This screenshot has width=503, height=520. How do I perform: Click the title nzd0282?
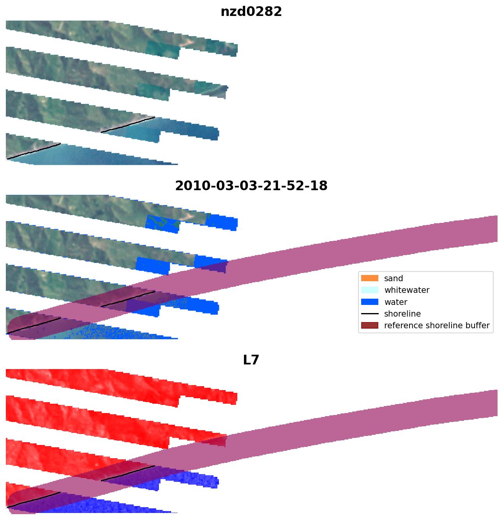[x=251, y=12]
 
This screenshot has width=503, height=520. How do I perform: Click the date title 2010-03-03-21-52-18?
[x=251, y=186]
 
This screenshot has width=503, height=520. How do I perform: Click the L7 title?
[x=251, y=360]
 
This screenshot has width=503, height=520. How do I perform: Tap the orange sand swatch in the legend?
[x=369, y=278]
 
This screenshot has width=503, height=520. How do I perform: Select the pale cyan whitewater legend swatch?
[x=369, y=290]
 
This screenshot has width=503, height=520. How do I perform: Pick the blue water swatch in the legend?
[x=369, y=302]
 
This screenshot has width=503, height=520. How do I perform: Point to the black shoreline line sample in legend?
[x=369, y=313]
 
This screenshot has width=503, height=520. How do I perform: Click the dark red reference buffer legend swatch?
[x=369, y=326]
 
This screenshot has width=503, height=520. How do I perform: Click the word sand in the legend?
[x=394, y=278]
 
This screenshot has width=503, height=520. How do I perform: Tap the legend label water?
[x=395, y=302]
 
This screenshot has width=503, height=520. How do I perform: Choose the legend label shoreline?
[x=402, y=314]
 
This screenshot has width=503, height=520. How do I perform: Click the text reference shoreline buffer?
[x=437, y=326]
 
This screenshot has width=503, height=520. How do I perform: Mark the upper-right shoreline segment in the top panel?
[x=128, y=124]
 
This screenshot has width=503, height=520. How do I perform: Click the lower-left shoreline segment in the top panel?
[x=34, y=151]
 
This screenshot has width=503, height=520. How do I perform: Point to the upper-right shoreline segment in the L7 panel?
[x=128, y=473]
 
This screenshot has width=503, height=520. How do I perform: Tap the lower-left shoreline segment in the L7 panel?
[x=34, y=500]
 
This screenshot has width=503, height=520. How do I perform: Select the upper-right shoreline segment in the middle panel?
[x=128, y=299]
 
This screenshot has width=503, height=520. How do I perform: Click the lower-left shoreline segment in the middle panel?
[x=34, y=326]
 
